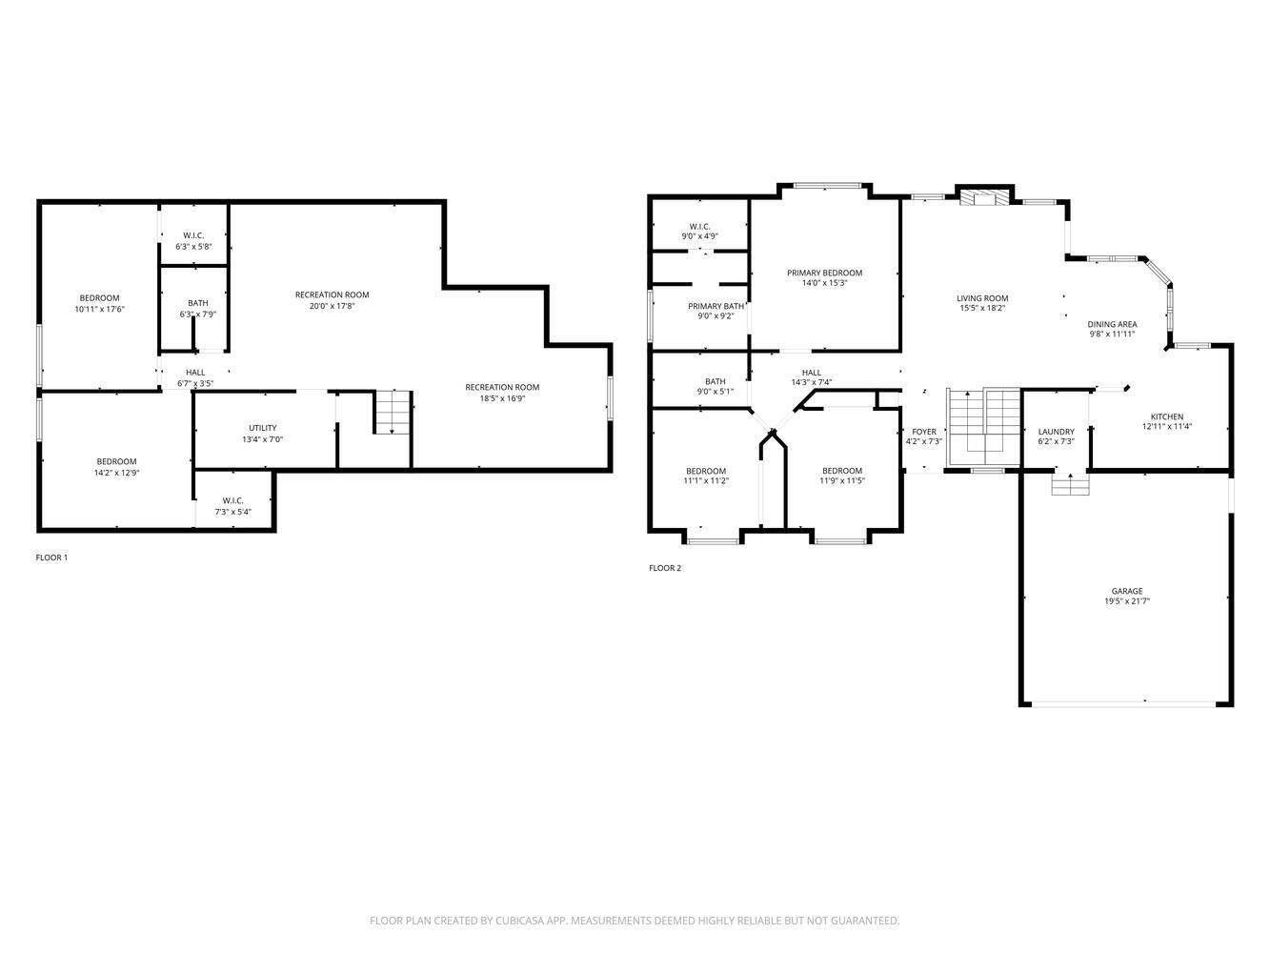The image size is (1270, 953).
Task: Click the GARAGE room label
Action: pos(1126,591)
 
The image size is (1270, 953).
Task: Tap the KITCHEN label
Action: pos(1166,416)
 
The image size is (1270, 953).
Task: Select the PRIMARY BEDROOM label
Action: pos(824,273)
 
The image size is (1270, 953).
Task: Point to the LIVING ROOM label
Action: pos(982,298)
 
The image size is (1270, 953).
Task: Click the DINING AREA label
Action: pos(1112,324)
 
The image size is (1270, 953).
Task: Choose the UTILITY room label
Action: pos(262,428)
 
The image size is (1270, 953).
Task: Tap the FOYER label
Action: pos(923,432)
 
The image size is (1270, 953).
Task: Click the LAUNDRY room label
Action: pos(1056,432)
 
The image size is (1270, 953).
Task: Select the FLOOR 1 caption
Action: pos(51,558)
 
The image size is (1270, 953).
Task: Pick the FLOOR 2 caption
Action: pos(665,568)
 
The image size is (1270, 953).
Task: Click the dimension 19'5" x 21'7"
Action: pos(1126,601)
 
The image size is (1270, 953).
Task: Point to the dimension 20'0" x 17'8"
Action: pos(332,306)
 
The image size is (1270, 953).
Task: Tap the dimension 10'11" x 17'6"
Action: pos(99,309)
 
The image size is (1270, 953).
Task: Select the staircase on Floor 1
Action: pos(393,412)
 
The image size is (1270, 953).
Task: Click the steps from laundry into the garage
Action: pos(1070,484)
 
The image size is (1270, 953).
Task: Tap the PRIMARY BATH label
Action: pos(716,306)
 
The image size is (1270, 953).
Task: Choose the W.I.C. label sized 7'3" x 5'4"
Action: pos(232,500)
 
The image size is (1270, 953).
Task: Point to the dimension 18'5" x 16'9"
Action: pos(502,398)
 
